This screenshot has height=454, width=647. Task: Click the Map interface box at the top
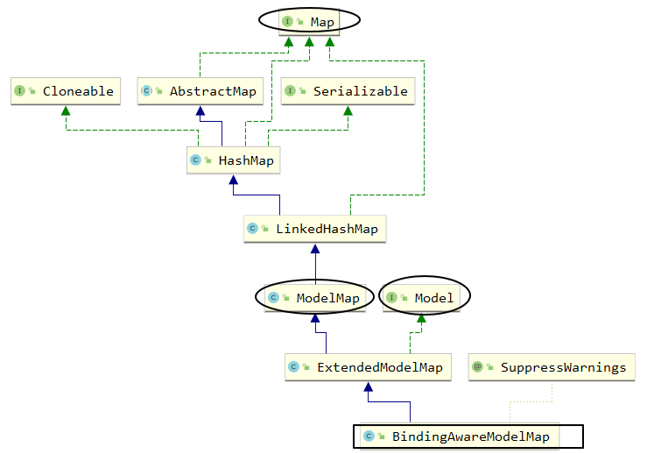tap(309, 21)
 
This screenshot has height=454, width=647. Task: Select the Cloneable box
tap(65, 91)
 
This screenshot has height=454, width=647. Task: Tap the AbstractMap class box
tap(200, 91)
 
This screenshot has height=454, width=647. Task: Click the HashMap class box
tap(233, 160)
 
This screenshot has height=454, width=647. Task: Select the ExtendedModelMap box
tap(368, 367)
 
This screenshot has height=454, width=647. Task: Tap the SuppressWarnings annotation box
tap(551, 367)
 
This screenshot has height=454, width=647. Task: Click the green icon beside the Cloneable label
tap(19, 91)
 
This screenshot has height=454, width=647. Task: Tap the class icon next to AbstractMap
tap(147, 91)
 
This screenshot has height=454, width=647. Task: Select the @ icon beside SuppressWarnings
tap(477, 367)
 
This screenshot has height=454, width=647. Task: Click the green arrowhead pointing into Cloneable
tap(65, 110)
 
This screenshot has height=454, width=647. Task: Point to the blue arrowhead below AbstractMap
tap(200, 110)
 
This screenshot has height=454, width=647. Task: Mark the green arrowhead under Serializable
tap(348, 110)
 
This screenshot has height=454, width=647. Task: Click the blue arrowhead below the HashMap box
tap(233, 180)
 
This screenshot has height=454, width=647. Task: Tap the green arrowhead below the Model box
tap(422, 317)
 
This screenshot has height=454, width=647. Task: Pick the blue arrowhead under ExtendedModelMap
tap(369, 387)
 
